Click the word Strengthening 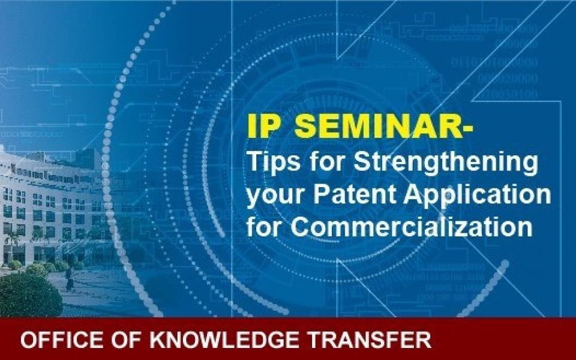click(446, 163)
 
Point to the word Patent click(355, 194)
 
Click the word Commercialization click(412, 226)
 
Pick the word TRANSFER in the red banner click(369, 340)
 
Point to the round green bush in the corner click(29, 294)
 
